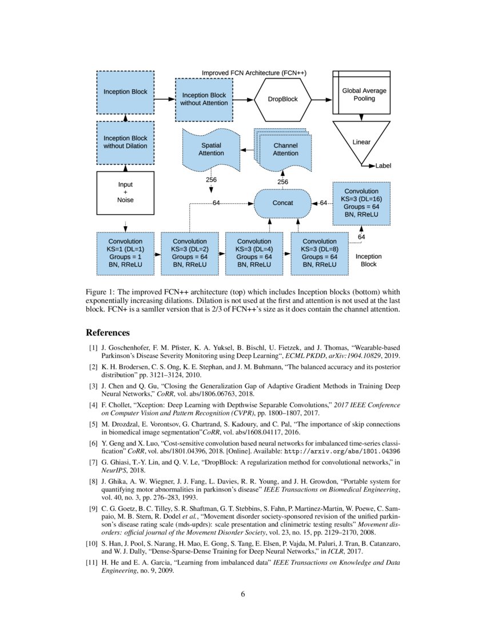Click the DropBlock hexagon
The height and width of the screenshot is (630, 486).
(x=283, y=99)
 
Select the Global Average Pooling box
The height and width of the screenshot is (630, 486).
(x=364, y=95)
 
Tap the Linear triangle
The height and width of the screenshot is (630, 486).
(x=361, y=141)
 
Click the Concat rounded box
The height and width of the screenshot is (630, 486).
(x=282, y=203)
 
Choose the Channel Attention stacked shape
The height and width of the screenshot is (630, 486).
(x=285, y=149)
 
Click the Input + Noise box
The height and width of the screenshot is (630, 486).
(x=125, y=192)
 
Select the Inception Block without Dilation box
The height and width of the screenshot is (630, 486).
(x=125, y=142)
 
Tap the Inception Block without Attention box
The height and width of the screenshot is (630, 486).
(x=204, y=99)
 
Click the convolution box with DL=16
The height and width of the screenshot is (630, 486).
(x=361, y=203)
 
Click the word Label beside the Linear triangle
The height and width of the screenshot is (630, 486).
(x=384, y=166)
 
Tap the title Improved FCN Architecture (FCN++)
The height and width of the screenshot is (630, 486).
(x=254, y=73)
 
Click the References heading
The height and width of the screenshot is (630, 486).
(x=107, y=333)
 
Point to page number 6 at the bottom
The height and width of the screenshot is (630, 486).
(x=243, y=594)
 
